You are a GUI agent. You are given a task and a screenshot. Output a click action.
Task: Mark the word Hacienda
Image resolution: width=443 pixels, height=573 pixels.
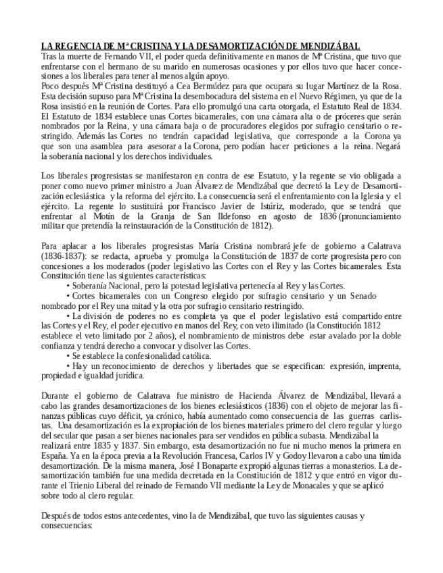[x=250, y=395]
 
